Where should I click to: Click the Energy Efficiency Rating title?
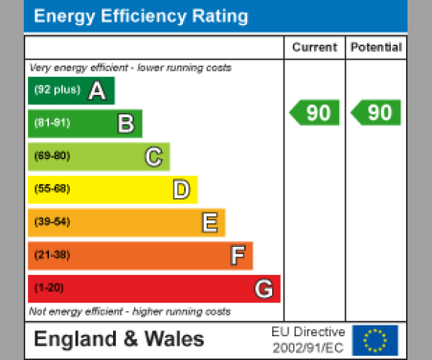pos(141,17)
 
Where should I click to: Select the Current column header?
pos(315,48)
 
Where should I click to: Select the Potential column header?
pos(376,48)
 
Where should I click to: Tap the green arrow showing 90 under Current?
pos(315,113)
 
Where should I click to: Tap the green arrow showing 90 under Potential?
pos(376,113)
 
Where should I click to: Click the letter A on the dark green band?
pos(97,91)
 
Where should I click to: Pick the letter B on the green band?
pos(125,124)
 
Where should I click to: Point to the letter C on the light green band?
pos(153,157)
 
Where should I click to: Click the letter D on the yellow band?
pos(181,190)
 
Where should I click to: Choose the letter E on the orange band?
pos(209,223)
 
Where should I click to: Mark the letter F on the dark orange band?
pos(237,256)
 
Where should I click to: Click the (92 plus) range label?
pos(57,90)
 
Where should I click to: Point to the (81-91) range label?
pos(52,123)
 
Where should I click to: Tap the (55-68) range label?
pos(52,189)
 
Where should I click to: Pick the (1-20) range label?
pos(49,289)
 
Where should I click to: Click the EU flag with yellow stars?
pos(375,340)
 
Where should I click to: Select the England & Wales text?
pos(120,339)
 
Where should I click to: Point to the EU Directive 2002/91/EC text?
pos(308,340)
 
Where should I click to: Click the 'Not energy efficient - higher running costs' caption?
pos(130,312)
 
